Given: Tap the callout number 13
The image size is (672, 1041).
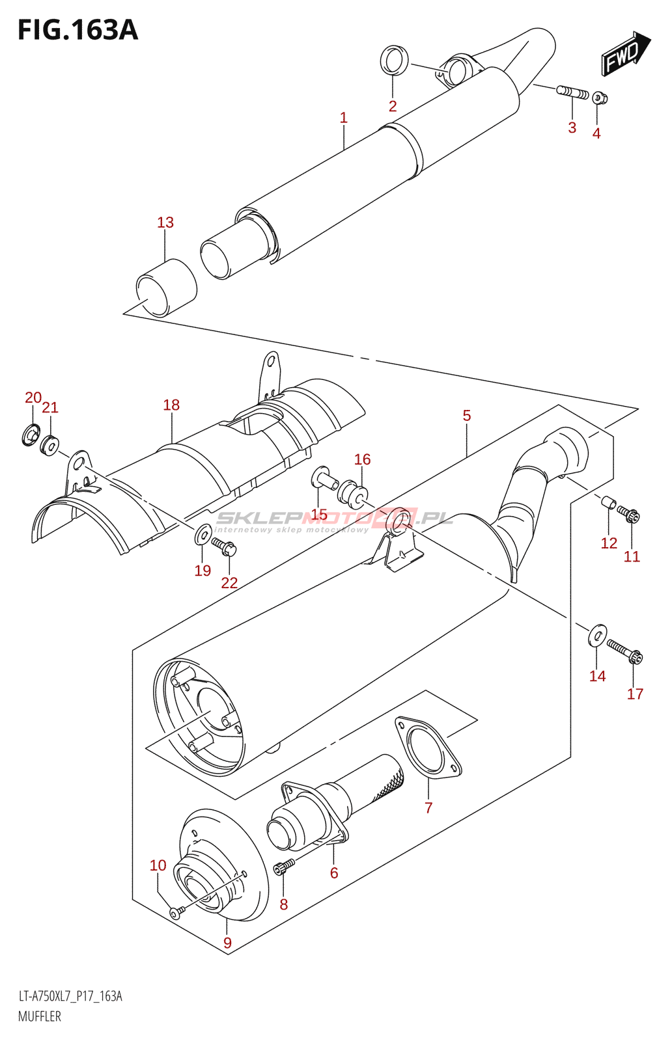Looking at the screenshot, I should [165, 223].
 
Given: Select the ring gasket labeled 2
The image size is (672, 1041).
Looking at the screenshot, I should [394, 61].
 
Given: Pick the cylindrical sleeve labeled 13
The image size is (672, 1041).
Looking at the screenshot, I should [166, 288].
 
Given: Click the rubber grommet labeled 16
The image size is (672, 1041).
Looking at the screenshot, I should [353, 494].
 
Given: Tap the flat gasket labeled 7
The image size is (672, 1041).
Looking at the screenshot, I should [428, 748].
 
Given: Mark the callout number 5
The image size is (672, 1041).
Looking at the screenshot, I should [467, 415].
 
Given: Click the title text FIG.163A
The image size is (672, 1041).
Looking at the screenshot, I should [77, 30].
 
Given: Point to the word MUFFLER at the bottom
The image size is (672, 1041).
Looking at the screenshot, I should [40, 1016].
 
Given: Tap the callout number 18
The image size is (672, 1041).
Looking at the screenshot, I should [171, 405].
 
